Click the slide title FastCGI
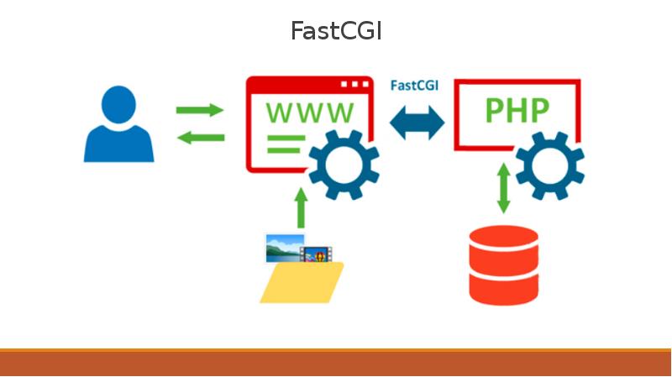pyautogui.click(x=336, y=31)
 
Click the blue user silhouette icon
pyautogui.click(x=119, y=126)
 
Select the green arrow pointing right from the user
pyautogui.click(x=200, y=110)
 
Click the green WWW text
pyautogui.click(x=310, y=112)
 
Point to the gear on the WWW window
pyautogui.click(x=343, y=165)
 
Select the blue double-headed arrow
pyautogui.click(x=417, y=123)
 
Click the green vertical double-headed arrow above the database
pyautogui.click(x=503, y=188)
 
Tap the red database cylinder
pyautogui.click(x=503, y=264)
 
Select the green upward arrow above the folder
pyautogui.click(x=300, y=206)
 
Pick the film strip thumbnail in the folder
pyautogui.click(x=317, y=254)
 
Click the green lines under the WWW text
pyautogui.click(x=284, y=144)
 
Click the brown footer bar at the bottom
pyautogui.click(x=336, y=363)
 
